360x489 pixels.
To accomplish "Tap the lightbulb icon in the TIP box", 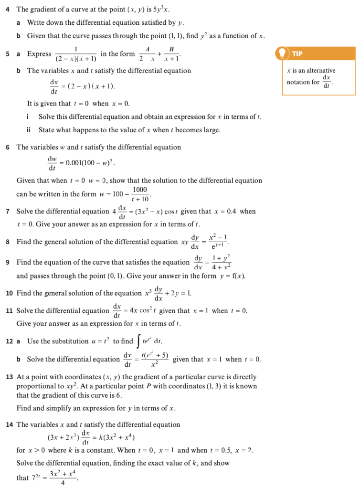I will (x=283, y=53).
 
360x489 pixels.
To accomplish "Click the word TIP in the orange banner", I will (x=297, y=53).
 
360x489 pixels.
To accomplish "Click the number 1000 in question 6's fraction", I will (x=140, y=190).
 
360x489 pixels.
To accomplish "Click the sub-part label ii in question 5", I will (x=29, y=130).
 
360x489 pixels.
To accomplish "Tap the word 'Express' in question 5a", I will (x=39, y=54).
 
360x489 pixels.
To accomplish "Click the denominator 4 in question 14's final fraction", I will (x=63, y=483).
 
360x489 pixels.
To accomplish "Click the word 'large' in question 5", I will (x=210, y=130).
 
